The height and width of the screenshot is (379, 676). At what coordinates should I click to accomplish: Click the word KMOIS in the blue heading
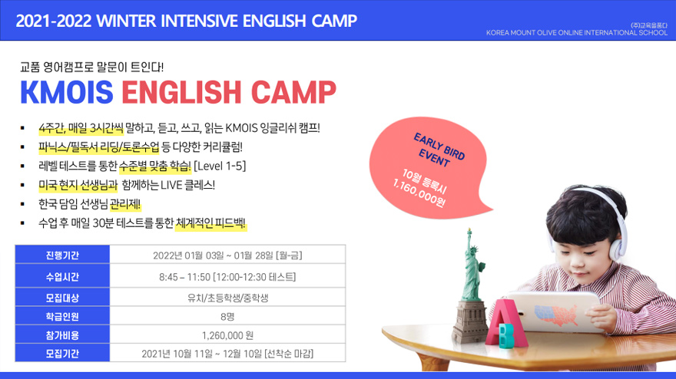click(67, 92)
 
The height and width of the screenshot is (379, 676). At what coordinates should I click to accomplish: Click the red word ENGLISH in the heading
click(181, 92)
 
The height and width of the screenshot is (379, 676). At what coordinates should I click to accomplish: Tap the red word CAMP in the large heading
click(293, 92)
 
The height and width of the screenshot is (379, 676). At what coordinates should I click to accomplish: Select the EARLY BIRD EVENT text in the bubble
click(439, 150)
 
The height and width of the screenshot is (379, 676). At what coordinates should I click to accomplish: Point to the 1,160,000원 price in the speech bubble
click(419, 193)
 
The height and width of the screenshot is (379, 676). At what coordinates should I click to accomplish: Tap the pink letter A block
click(506, 322)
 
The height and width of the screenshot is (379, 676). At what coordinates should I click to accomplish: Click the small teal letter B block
click(506, 335)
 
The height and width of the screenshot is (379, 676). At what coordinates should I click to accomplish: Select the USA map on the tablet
click(556, 315)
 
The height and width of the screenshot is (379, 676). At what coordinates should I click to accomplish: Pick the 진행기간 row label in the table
click(62, 255)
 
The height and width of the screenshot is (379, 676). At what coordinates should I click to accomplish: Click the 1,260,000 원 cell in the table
click(227, 335)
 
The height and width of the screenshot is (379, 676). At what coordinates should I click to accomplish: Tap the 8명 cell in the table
click(227, 317)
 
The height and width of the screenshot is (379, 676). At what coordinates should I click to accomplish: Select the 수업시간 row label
click(62, 277)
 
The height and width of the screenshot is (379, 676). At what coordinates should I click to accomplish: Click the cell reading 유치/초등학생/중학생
click(227, 298)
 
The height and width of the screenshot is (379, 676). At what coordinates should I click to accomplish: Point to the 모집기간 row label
click(62, 354)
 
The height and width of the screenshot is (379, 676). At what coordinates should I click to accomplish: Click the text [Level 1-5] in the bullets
click(220, 166)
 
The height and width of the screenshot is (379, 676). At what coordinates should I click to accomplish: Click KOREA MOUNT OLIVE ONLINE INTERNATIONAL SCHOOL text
click(576, 33)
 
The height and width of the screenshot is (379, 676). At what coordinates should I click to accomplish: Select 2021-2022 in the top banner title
click(54, 21)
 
